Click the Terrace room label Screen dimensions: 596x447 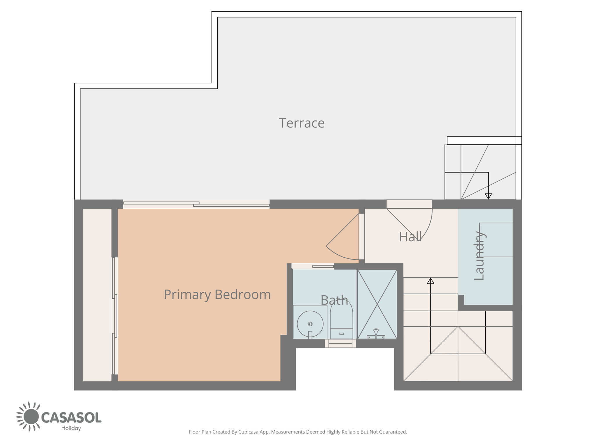tap(302, 123)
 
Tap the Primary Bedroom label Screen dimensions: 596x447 tap(217, 295)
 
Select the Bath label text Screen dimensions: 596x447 tap(334, 300)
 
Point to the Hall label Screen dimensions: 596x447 tap(410, 237)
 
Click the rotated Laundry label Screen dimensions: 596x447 tap(479, 256)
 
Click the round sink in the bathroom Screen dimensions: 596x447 tap(310, 324)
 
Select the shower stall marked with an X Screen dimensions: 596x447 tap(377, 304)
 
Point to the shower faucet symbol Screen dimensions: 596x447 tap(376, 334)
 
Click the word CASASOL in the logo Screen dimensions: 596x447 tap(71, 417)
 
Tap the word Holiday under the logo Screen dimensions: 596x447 tap(71, 428)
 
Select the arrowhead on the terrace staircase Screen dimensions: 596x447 tap(488, 196)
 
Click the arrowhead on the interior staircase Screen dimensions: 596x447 tap(430, 281)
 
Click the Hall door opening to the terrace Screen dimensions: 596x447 tap(409, 204)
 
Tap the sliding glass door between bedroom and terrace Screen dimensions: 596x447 tap(196, 204)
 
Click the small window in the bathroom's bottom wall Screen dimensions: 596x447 tap(340, 343)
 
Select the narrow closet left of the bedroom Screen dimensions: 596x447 tap(97, 295)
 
